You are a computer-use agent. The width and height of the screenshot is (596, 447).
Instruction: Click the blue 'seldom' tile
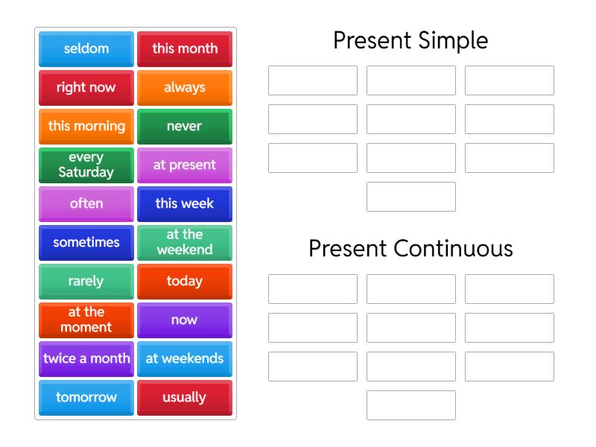[86, 49]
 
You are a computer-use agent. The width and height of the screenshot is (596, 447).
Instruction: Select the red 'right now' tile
[86, 88]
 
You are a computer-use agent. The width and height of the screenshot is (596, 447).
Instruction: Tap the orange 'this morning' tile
[86, 127]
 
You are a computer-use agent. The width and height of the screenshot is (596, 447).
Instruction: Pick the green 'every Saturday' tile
[86, 165]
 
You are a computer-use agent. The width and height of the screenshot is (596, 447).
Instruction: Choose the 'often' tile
[86, 204]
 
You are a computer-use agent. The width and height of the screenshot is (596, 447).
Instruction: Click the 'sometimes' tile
[86, 243]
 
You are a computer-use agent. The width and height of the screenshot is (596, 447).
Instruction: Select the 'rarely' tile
[86, 282]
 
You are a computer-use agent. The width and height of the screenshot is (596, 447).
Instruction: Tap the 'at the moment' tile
[86, 320]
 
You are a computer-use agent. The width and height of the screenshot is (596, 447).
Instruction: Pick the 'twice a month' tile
[86, 359]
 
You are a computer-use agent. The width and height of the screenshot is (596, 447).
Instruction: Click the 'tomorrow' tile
[86, 398]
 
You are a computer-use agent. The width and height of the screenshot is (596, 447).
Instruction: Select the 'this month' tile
[185, 49]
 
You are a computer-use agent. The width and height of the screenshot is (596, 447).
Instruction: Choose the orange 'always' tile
[185, 88]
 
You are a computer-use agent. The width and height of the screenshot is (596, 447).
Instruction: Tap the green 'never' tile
[185, 127]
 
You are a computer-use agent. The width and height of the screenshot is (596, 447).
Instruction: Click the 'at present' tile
[185, 165]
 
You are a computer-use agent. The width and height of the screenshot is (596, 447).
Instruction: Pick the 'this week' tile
[185, 204]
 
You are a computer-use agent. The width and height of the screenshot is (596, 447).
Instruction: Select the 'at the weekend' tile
[185, 243]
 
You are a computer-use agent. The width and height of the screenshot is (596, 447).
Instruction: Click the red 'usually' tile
[185, 398]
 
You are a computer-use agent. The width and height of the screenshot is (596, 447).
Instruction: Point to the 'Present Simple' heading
[410, 40]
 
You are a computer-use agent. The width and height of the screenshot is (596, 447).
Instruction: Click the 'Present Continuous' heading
[410, 248]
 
